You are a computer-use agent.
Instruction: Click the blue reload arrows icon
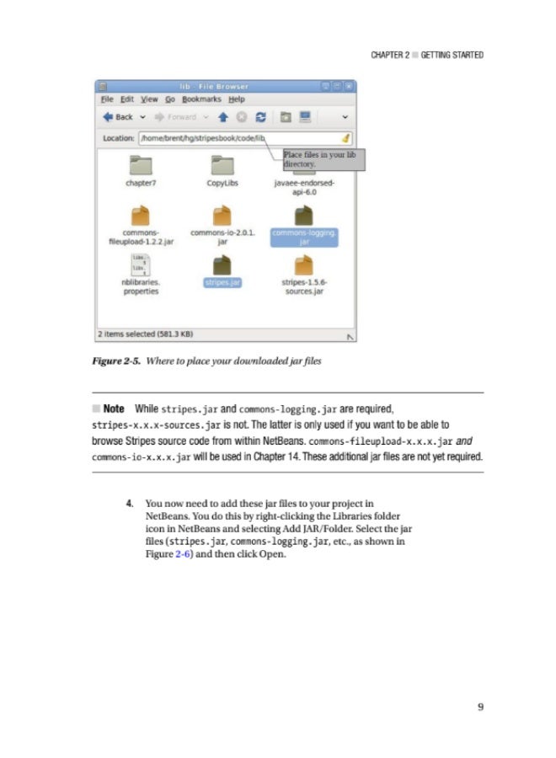coord(259,117)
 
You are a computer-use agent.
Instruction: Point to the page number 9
coord(479,706)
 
